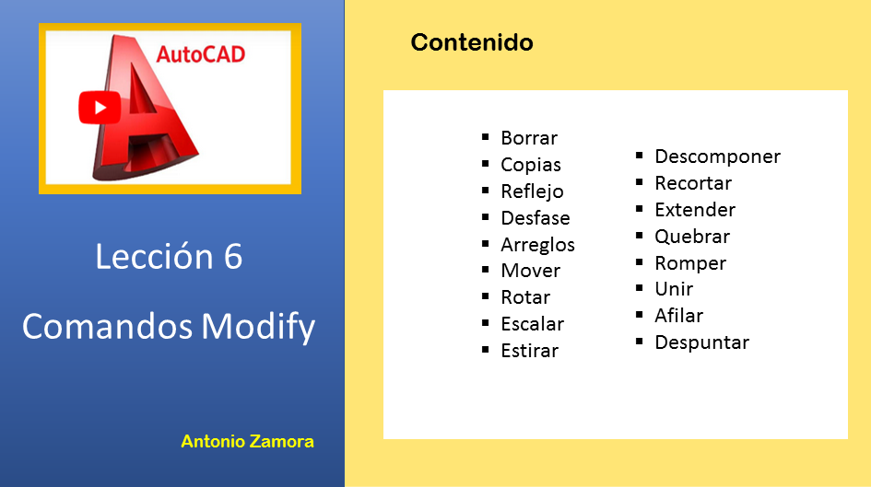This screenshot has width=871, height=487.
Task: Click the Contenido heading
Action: tap(472, 42)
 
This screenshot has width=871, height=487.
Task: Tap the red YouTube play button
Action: tap(100, 107)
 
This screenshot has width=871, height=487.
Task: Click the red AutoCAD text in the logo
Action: tap(201, 54)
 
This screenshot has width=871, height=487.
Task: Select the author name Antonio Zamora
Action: tap(247, 442)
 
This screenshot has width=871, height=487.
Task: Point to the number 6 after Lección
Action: tap(233, 257)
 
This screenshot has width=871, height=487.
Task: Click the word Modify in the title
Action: tap(258, 326)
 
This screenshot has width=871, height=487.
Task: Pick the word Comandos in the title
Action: tap(107, 326)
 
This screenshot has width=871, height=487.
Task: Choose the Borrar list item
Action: tap(529, 137)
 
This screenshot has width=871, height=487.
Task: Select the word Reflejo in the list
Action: tap(532, 191)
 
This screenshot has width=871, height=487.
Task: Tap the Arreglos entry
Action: tap(537, 245)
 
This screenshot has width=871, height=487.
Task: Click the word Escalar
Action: tap(532, 324)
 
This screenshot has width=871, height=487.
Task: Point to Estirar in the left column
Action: tap(529, 351)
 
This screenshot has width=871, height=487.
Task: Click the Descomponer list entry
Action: tap(718, 157)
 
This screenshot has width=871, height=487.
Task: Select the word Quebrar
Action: tap(692, 237)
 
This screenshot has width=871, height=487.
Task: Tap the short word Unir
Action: tap(674, 289)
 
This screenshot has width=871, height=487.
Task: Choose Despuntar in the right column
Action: tap(701, 342)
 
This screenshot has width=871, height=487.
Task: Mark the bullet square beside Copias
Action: tap(486, 164)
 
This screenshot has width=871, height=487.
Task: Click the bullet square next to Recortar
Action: tap(640, 182)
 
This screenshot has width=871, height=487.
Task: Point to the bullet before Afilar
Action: tap(640, 315)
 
